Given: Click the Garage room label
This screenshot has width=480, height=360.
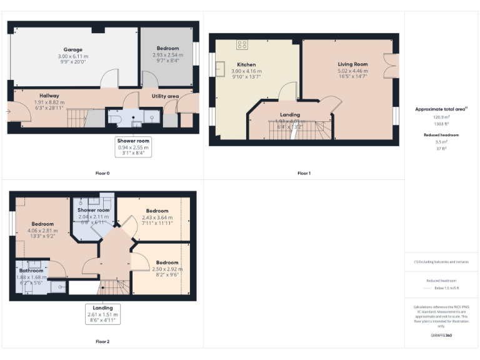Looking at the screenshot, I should [72, 49].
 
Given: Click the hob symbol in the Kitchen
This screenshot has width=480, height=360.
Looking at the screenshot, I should [242, 44].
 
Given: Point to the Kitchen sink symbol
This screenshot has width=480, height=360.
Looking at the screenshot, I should [221, 67].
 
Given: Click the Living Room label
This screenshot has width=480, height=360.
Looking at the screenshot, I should [353, 64].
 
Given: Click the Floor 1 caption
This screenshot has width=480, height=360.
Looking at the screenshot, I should [304, 172].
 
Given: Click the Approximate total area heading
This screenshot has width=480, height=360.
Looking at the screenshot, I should [441, 109].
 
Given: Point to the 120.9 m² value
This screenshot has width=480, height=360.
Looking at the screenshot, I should [441, 117].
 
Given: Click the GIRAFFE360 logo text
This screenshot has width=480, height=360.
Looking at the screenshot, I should [441, 336].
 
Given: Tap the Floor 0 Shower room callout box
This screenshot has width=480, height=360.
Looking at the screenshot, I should [132, 146].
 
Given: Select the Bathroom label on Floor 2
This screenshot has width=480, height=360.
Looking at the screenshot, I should [31, 271].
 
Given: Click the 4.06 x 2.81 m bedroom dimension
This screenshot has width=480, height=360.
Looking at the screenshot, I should [43, 230].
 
